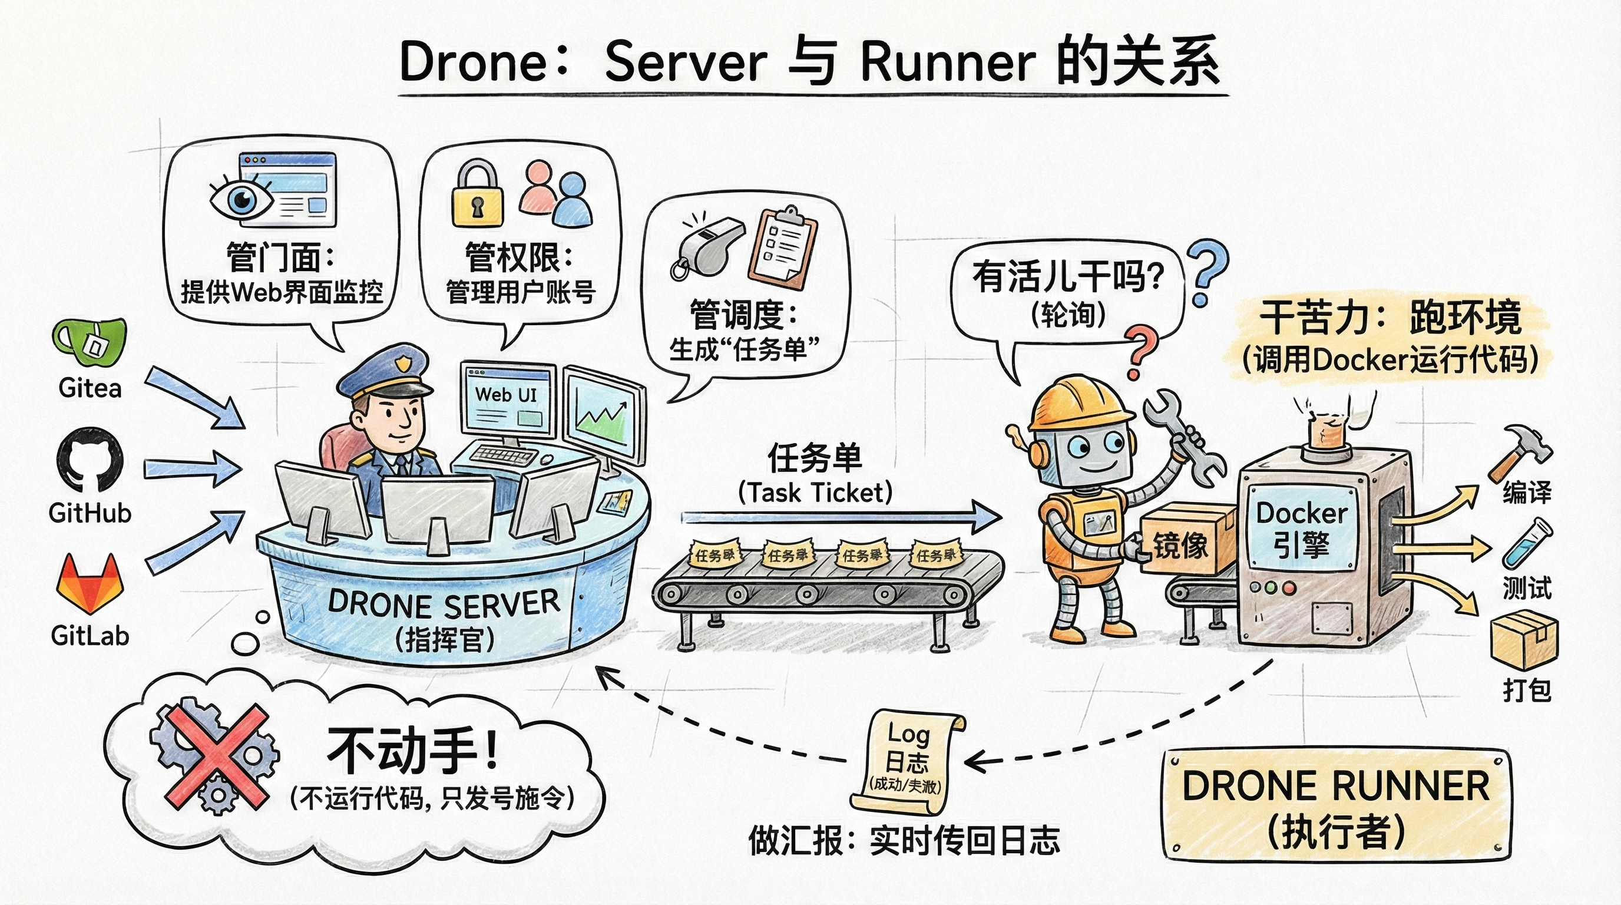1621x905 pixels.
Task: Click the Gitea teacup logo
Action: (90, 341)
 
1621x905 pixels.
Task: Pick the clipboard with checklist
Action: (782, 249)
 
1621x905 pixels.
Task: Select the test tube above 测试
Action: (1526, 543)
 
